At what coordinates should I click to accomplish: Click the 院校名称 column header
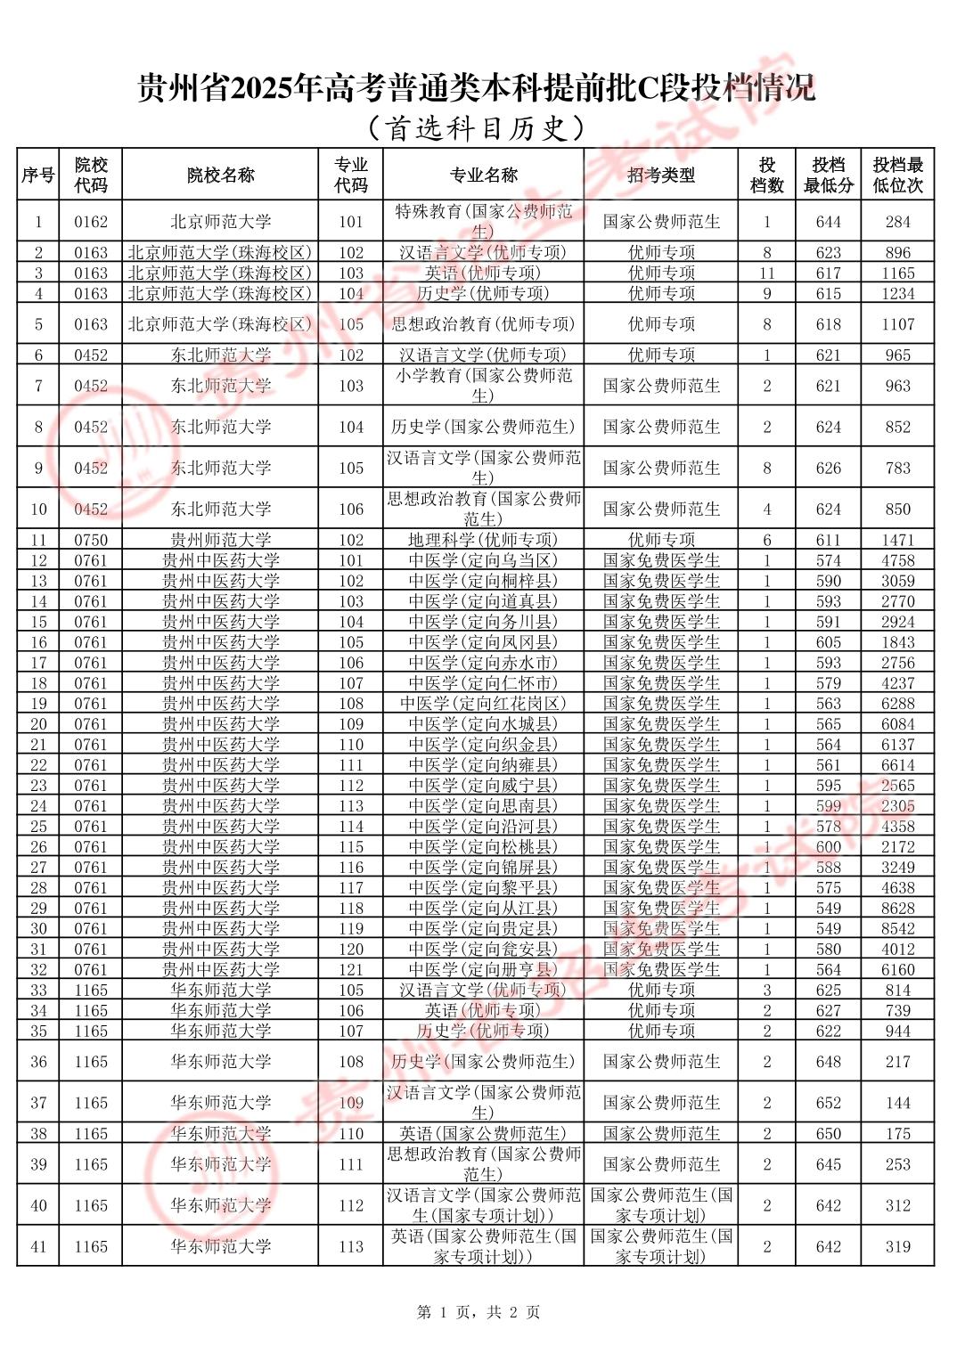click(220, 175)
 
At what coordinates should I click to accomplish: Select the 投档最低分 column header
click(828, 175)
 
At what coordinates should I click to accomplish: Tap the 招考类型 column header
click(660, 175)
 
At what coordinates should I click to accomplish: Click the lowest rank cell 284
click(897, 222)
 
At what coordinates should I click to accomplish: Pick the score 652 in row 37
click(828, 1103)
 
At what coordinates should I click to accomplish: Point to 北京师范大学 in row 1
click(220, 222)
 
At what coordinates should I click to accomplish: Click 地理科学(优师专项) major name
click(483, 540)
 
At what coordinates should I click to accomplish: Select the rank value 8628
click(897, 908)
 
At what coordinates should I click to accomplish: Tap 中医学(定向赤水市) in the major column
click(483, 663)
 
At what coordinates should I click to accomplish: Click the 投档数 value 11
click(766, 273)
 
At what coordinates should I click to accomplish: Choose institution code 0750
click(91, 540)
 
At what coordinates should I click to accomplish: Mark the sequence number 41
click(38, 1246)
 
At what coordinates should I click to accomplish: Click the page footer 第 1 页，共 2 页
click(478, 1312)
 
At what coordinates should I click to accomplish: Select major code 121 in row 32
click(351, 969)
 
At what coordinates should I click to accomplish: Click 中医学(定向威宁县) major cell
click(483, 786)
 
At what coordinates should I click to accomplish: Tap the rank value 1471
click(897, 540)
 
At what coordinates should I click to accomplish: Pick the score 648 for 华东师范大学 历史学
click(828, 1062)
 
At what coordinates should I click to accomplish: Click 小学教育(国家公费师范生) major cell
click(483, 386)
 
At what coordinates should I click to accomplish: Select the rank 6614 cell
click(897, 765)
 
